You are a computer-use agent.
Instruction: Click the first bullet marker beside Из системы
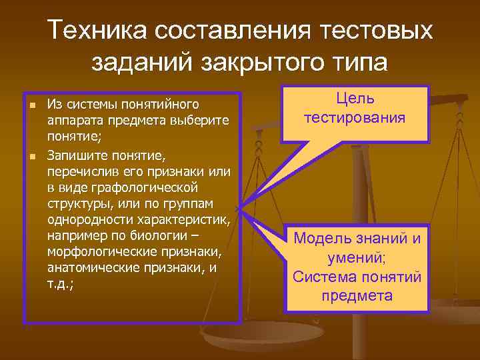click(31, 105)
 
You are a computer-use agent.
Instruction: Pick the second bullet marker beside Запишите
click(31, 156)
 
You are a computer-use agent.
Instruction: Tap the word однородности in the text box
click(85, 219)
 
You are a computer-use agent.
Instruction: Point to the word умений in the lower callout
click(352, 258)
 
